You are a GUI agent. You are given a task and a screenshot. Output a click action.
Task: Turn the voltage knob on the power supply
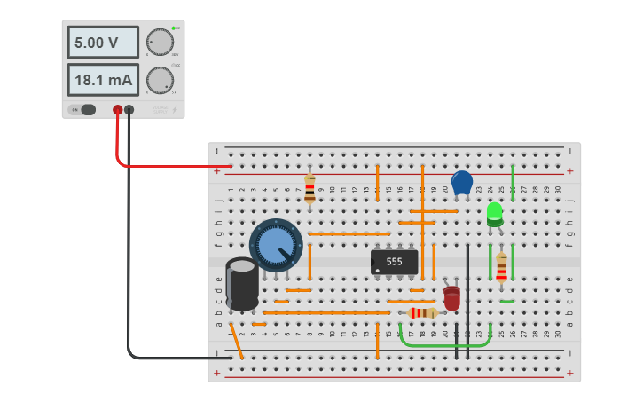[x=160, y=43]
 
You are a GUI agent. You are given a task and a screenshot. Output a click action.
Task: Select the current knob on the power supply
[x=160, y=80]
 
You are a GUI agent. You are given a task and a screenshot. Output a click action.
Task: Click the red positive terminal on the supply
[x=117, y=110]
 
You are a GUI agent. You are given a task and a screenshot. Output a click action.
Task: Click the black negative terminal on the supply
[x=129, y=110]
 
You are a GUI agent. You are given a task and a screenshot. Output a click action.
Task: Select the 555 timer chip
[x=394, y=262]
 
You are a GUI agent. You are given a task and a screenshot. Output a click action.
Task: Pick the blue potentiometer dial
[x=276, y=244]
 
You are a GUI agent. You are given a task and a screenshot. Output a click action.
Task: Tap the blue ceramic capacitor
[x=461, y=183]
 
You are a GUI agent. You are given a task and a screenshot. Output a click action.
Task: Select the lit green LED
[x=494, y=213]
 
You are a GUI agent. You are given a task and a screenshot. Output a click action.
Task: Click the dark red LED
[x=451, y=297]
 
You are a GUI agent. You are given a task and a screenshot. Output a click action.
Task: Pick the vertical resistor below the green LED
[x=501, y=267]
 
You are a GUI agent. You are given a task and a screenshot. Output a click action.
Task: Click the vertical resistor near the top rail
[x=310, y=187]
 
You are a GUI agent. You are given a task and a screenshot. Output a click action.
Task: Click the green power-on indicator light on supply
[x=174, y=28]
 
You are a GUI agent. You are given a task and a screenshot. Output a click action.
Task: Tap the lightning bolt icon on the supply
[x=175, y=110]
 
